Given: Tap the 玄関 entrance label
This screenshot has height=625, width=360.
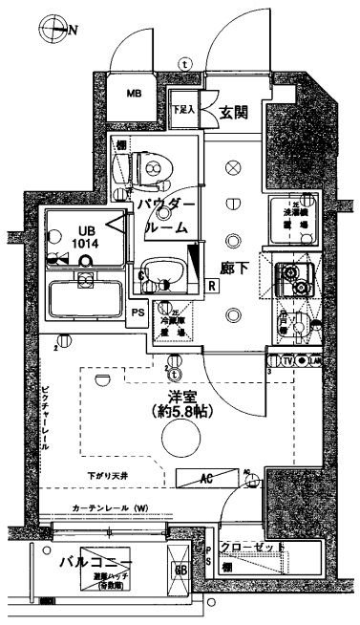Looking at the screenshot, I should [233, 112].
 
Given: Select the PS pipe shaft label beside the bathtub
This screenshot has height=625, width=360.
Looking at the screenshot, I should [138, 312].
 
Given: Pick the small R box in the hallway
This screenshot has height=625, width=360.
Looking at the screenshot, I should [211, 284].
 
